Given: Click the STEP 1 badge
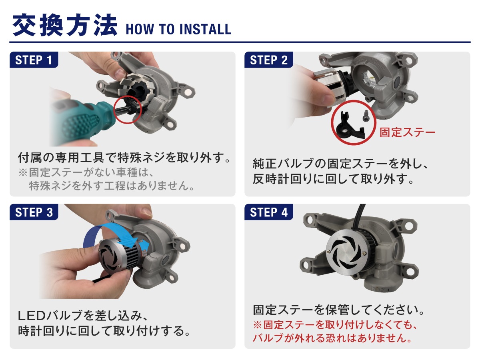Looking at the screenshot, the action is pos(34,60).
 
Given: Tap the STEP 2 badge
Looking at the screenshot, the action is pos(269,60).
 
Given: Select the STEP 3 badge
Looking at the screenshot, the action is pos(34,212).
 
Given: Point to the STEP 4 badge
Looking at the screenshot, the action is pos(269,212).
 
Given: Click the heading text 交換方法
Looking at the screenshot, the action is pos(65,25).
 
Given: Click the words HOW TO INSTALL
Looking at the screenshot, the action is pos(179,30).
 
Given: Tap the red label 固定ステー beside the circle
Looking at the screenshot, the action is pos(407,132).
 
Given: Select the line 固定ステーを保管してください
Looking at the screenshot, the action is pos(338,310).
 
